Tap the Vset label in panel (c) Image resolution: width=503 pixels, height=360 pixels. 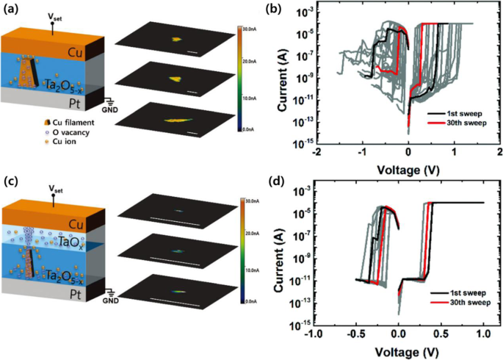coord(53,188)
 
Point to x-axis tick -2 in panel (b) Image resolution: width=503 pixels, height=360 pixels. coord(316,151)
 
